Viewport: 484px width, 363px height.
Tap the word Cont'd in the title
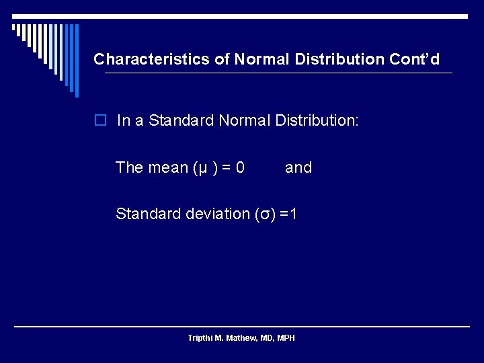(x=414, y=59)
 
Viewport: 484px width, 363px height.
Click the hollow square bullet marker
(x=100, y=121)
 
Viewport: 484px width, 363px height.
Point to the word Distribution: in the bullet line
(x=317, y=121)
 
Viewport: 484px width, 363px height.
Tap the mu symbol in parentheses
(x=201, y=168)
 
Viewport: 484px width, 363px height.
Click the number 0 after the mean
(x=240, y=167)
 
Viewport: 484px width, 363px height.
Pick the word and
(x=298, y=167)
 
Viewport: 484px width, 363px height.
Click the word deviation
(x=218, y=214)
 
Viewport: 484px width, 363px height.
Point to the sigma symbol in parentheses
(x=266, y=214)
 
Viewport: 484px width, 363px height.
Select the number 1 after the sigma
(x=294, y=214)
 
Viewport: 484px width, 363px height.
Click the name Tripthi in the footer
(x=200, y=337)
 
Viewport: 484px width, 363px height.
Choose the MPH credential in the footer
(x=285, y=337)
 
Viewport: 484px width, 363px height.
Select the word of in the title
(x=222, y=59)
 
